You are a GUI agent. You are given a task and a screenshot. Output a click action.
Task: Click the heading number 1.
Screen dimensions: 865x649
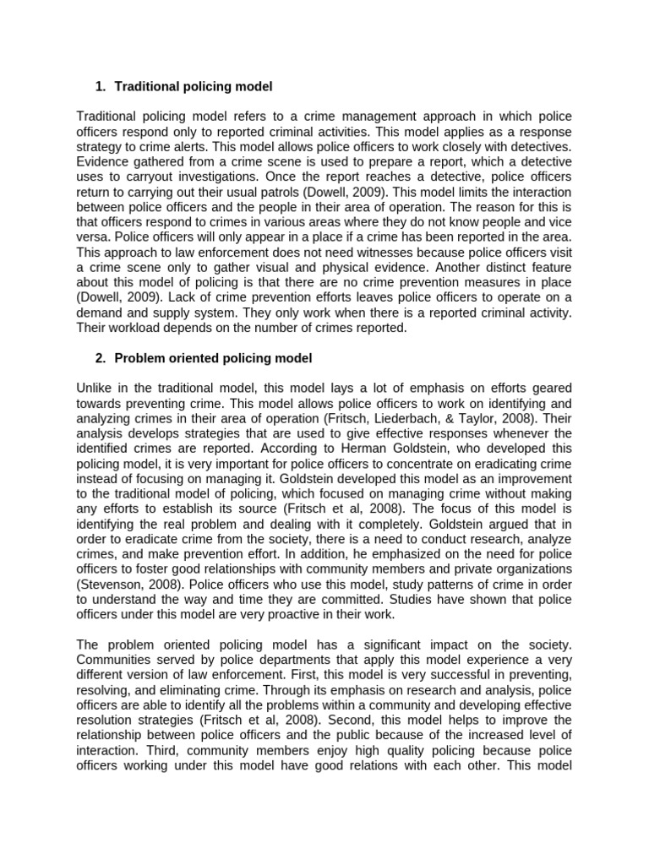pos(100,87)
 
